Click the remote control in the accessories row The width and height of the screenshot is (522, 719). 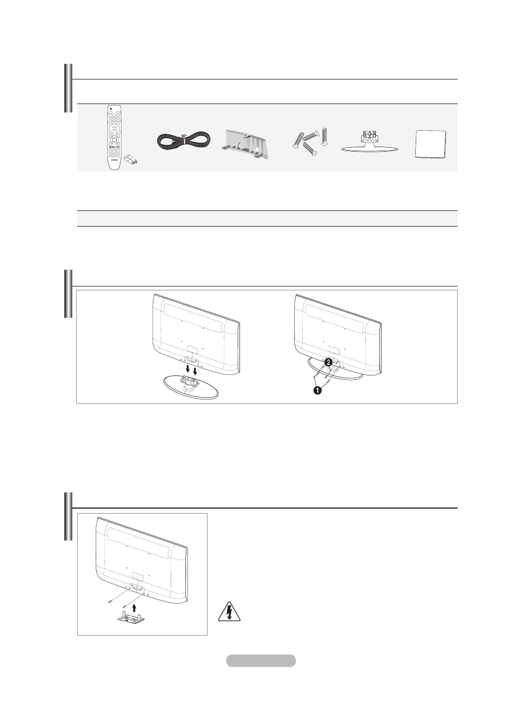coord(117,137)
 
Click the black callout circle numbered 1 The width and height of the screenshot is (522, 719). coord(317,390)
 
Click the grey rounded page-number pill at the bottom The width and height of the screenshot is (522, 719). coord(261,660)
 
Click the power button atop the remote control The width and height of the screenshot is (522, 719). coord(110,108)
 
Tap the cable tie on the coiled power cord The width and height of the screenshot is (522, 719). coord(184,137)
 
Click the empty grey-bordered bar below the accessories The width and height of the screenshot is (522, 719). coord(267,218)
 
